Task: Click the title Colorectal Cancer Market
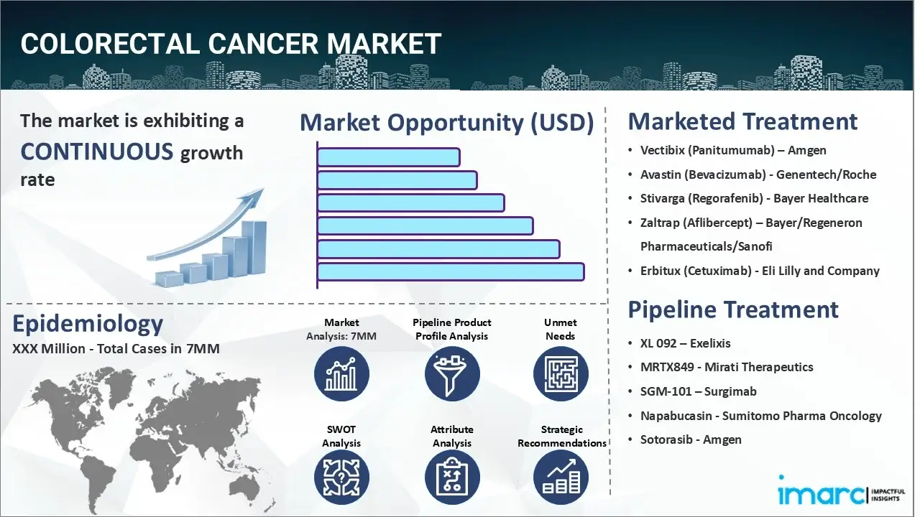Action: coord(230,45)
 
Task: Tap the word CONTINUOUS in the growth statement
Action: coord(97,152)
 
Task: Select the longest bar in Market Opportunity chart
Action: coord(450,271)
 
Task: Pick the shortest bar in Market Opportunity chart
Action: coord(388,157)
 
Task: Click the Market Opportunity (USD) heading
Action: coord(446,123)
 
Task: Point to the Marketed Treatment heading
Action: coord(742,121)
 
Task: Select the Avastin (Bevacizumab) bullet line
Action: coord(758,174)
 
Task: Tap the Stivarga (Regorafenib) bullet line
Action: coord(754,198)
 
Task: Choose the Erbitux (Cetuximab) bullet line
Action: coord(760,271)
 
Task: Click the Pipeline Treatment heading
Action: coord(733,309)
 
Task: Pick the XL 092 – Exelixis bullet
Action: coord(685,343)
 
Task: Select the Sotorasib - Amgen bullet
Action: coord(691,439)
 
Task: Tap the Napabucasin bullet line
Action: coord(760,416)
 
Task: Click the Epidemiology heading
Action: coord(88,324)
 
